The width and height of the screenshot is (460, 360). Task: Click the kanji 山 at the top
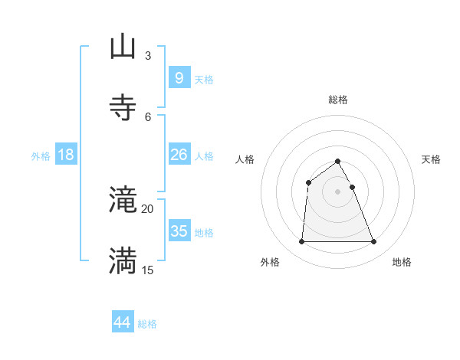coord(123,47)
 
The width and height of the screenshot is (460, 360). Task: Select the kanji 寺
coord(123,108)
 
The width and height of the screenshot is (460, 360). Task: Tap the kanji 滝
coord(123,201)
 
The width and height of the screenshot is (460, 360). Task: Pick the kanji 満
coord(123,262)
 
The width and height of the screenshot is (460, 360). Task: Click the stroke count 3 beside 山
coord(148,55)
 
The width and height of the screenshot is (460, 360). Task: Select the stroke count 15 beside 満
coord(148,270)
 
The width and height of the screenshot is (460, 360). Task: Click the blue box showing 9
coord(179,78)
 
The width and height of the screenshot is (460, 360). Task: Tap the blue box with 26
coord(179,155)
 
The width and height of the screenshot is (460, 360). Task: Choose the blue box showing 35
coord(179,231)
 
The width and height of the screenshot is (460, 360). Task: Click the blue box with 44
coord(123,322)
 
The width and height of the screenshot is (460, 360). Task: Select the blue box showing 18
coord(66,155)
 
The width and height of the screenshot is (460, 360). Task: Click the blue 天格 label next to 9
coord(204,80)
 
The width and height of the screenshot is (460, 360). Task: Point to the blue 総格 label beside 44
coord(147,324)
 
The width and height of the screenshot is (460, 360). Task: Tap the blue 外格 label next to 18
coord(41,156)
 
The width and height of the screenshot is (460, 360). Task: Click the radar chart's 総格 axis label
coord(338,100)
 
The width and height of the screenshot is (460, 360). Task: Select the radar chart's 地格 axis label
coord(402,262)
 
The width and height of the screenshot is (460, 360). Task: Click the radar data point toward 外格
coord(301,242)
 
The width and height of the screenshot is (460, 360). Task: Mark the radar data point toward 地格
coord(374,242)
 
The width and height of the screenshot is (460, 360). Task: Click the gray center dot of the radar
coord(338,191)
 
